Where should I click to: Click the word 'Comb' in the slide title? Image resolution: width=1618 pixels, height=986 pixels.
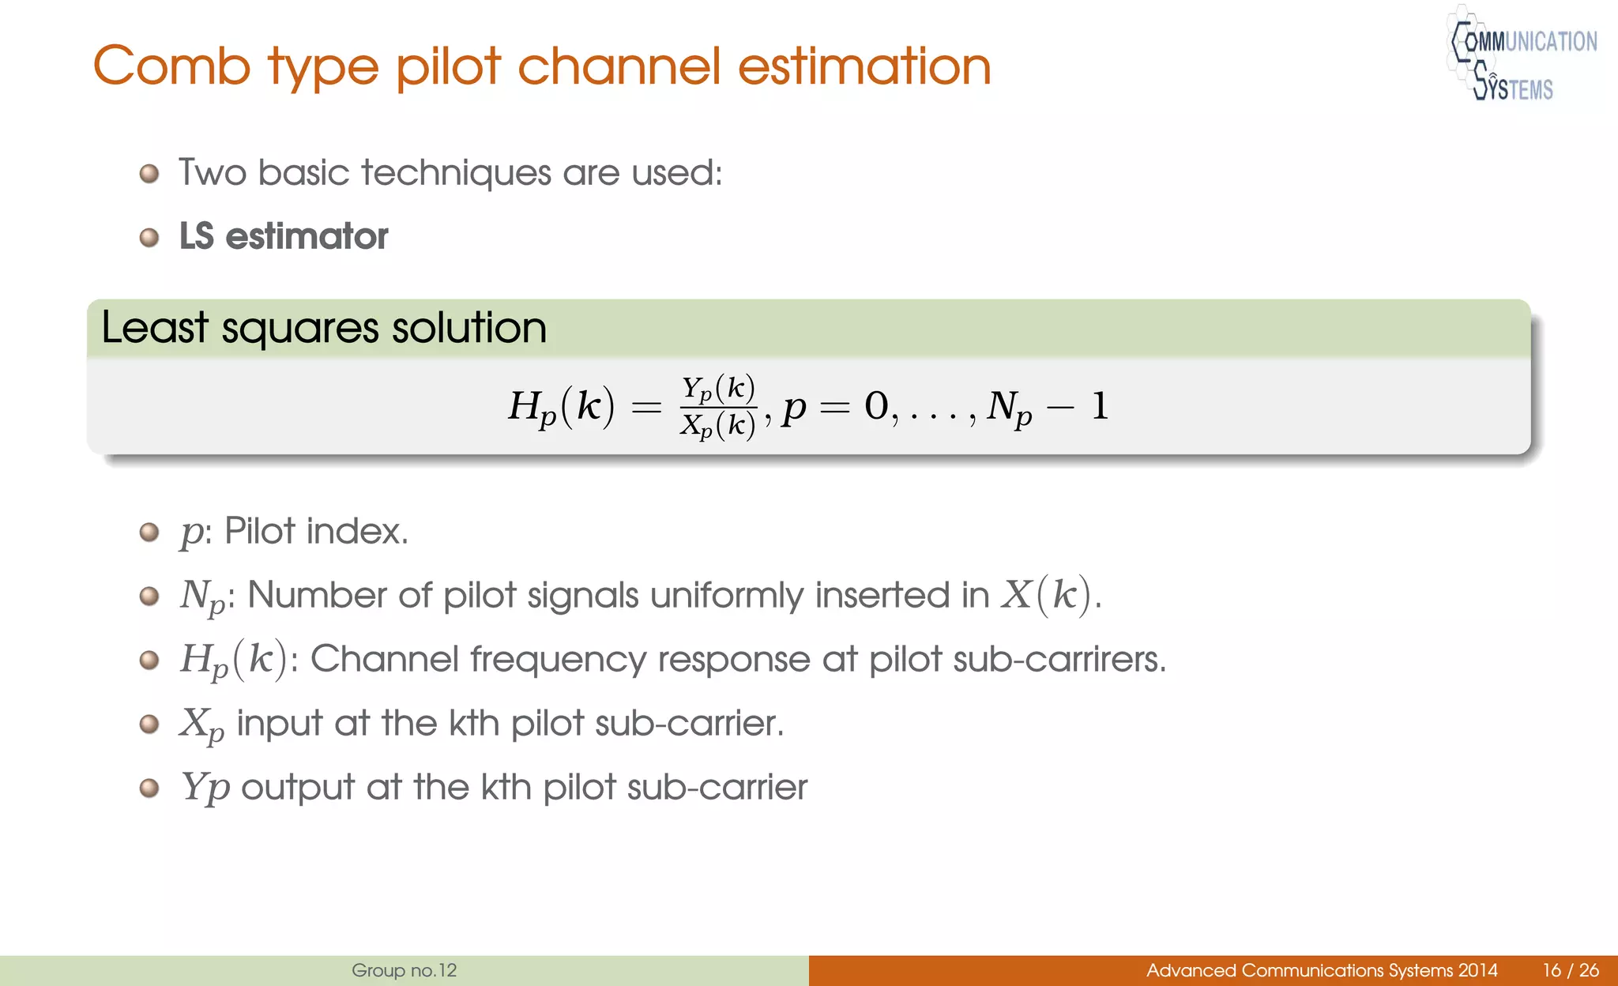172,66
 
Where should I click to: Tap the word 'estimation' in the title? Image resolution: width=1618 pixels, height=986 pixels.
864,66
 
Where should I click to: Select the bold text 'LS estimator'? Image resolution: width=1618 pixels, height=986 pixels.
284,236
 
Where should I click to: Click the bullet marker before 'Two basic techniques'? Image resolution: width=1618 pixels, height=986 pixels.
149,173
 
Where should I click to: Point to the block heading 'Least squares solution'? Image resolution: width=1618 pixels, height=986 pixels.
324,328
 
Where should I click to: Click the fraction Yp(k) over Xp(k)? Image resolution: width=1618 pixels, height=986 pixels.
718,407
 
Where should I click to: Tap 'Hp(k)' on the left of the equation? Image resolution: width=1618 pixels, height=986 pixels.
561,407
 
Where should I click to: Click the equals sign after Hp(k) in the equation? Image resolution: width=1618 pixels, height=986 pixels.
646,408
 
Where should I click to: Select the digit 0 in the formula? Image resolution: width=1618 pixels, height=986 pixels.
876,407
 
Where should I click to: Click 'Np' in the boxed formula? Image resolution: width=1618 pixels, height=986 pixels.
1010,408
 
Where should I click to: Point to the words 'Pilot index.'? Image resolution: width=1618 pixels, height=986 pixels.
316,531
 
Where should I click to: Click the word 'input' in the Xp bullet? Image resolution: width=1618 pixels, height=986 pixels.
279,724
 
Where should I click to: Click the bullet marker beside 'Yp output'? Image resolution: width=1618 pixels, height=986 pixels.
149,788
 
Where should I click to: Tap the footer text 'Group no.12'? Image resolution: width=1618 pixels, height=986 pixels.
404,970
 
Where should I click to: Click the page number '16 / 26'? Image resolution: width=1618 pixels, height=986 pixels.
1571,970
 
